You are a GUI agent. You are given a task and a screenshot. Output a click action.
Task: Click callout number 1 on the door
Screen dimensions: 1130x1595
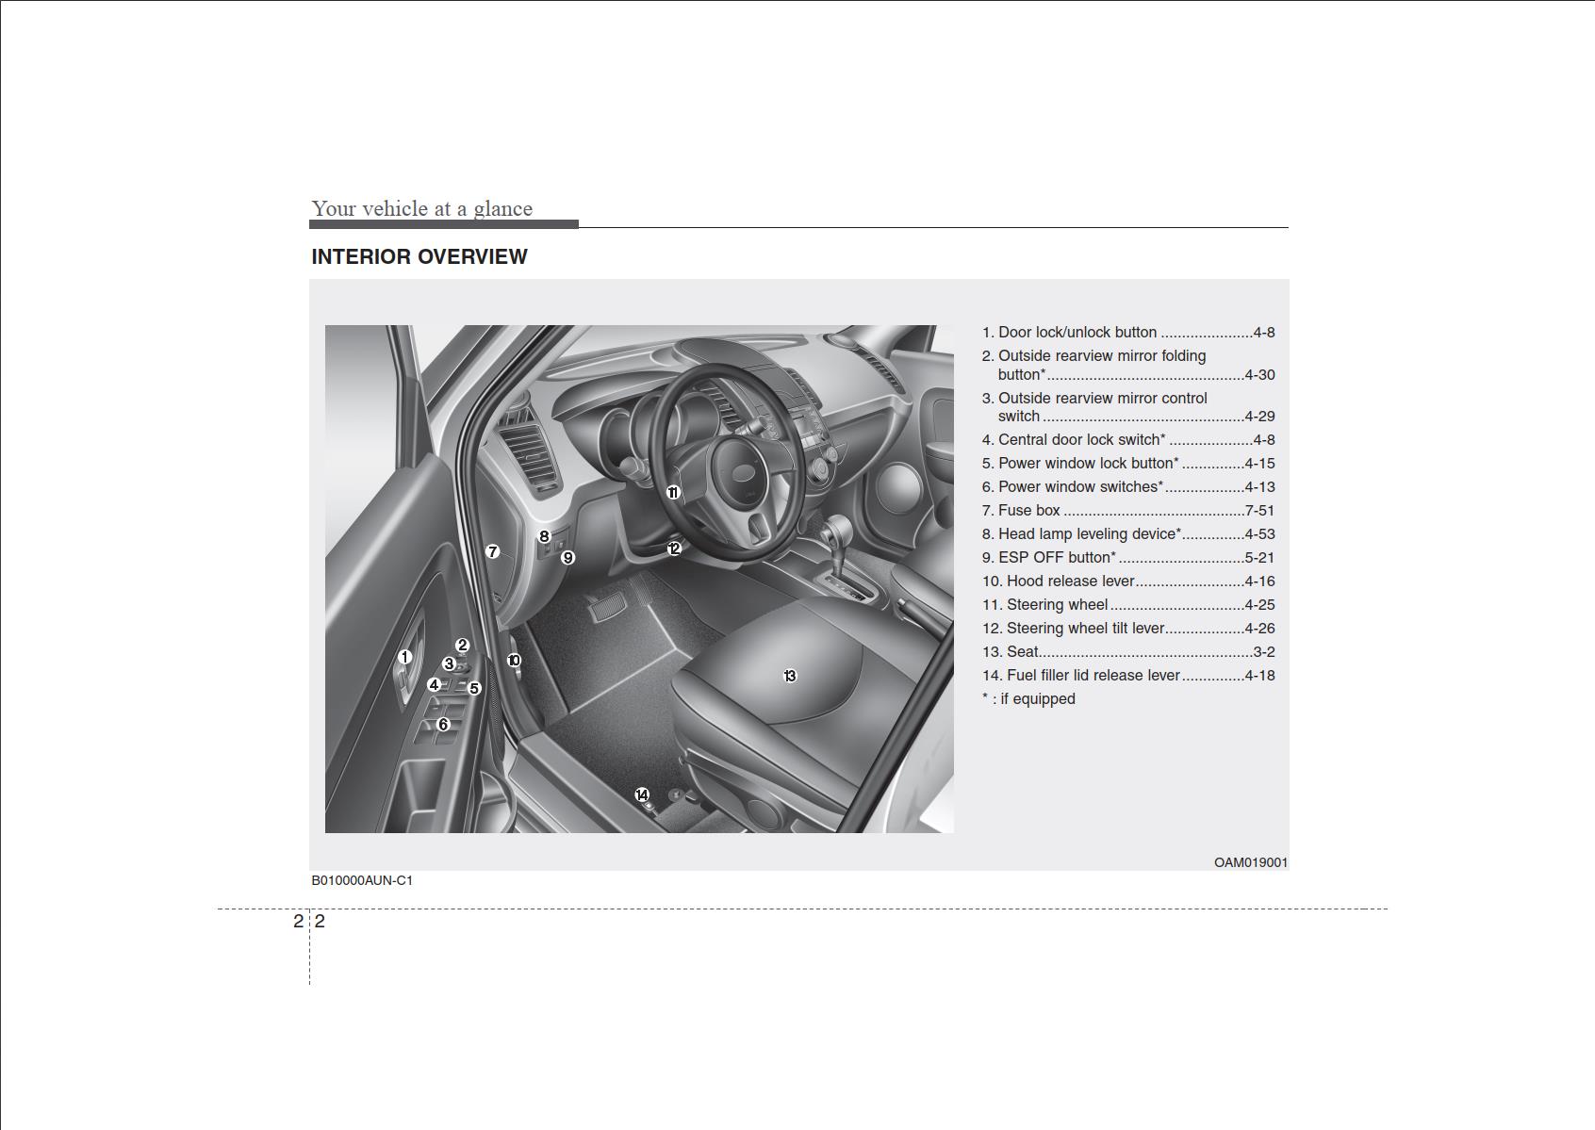[404, 657]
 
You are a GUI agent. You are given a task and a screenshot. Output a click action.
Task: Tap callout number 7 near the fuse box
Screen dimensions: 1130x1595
[492, 551]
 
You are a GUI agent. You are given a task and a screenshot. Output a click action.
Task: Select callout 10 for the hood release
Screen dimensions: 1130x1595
[514, 661]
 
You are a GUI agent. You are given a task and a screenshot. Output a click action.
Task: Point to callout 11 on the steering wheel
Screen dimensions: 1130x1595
[673, 493]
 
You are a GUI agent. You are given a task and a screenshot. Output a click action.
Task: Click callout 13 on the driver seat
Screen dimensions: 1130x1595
[790, 676]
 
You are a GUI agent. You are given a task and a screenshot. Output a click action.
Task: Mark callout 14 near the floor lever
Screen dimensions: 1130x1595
[642, 795]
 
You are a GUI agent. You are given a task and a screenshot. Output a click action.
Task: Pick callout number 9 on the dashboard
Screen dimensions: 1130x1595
[567, 558]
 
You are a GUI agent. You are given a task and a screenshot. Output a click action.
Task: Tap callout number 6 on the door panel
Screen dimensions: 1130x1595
[443, 725]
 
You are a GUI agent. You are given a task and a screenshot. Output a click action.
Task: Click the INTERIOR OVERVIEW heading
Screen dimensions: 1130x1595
[419, 256]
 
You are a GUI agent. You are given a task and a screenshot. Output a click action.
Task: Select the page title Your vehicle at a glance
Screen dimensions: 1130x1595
[422, 208]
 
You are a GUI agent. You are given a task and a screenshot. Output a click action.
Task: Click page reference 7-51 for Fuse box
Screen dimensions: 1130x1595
[1259, 511]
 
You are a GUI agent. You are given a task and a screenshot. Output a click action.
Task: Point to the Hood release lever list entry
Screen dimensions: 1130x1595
[1070, 581]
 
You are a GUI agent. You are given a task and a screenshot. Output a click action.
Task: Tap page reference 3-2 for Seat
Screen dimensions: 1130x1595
[1263, 652]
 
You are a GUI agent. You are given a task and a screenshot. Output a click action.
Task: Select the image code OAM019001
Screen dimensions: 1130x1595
[1250, 862]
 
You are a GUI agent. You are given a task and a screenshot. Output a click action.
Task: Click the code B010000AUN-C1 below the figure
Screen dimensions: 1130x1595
[362, 880]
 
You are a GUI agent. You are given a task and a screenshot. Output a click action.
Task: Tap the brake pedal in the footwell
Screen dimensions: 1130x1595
[604, 609]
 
